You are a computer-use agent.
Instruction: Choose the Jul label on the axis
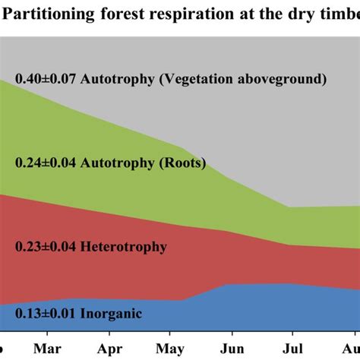point(290,350)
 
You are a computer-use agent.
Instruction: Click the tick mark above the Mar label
point(46,333)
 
